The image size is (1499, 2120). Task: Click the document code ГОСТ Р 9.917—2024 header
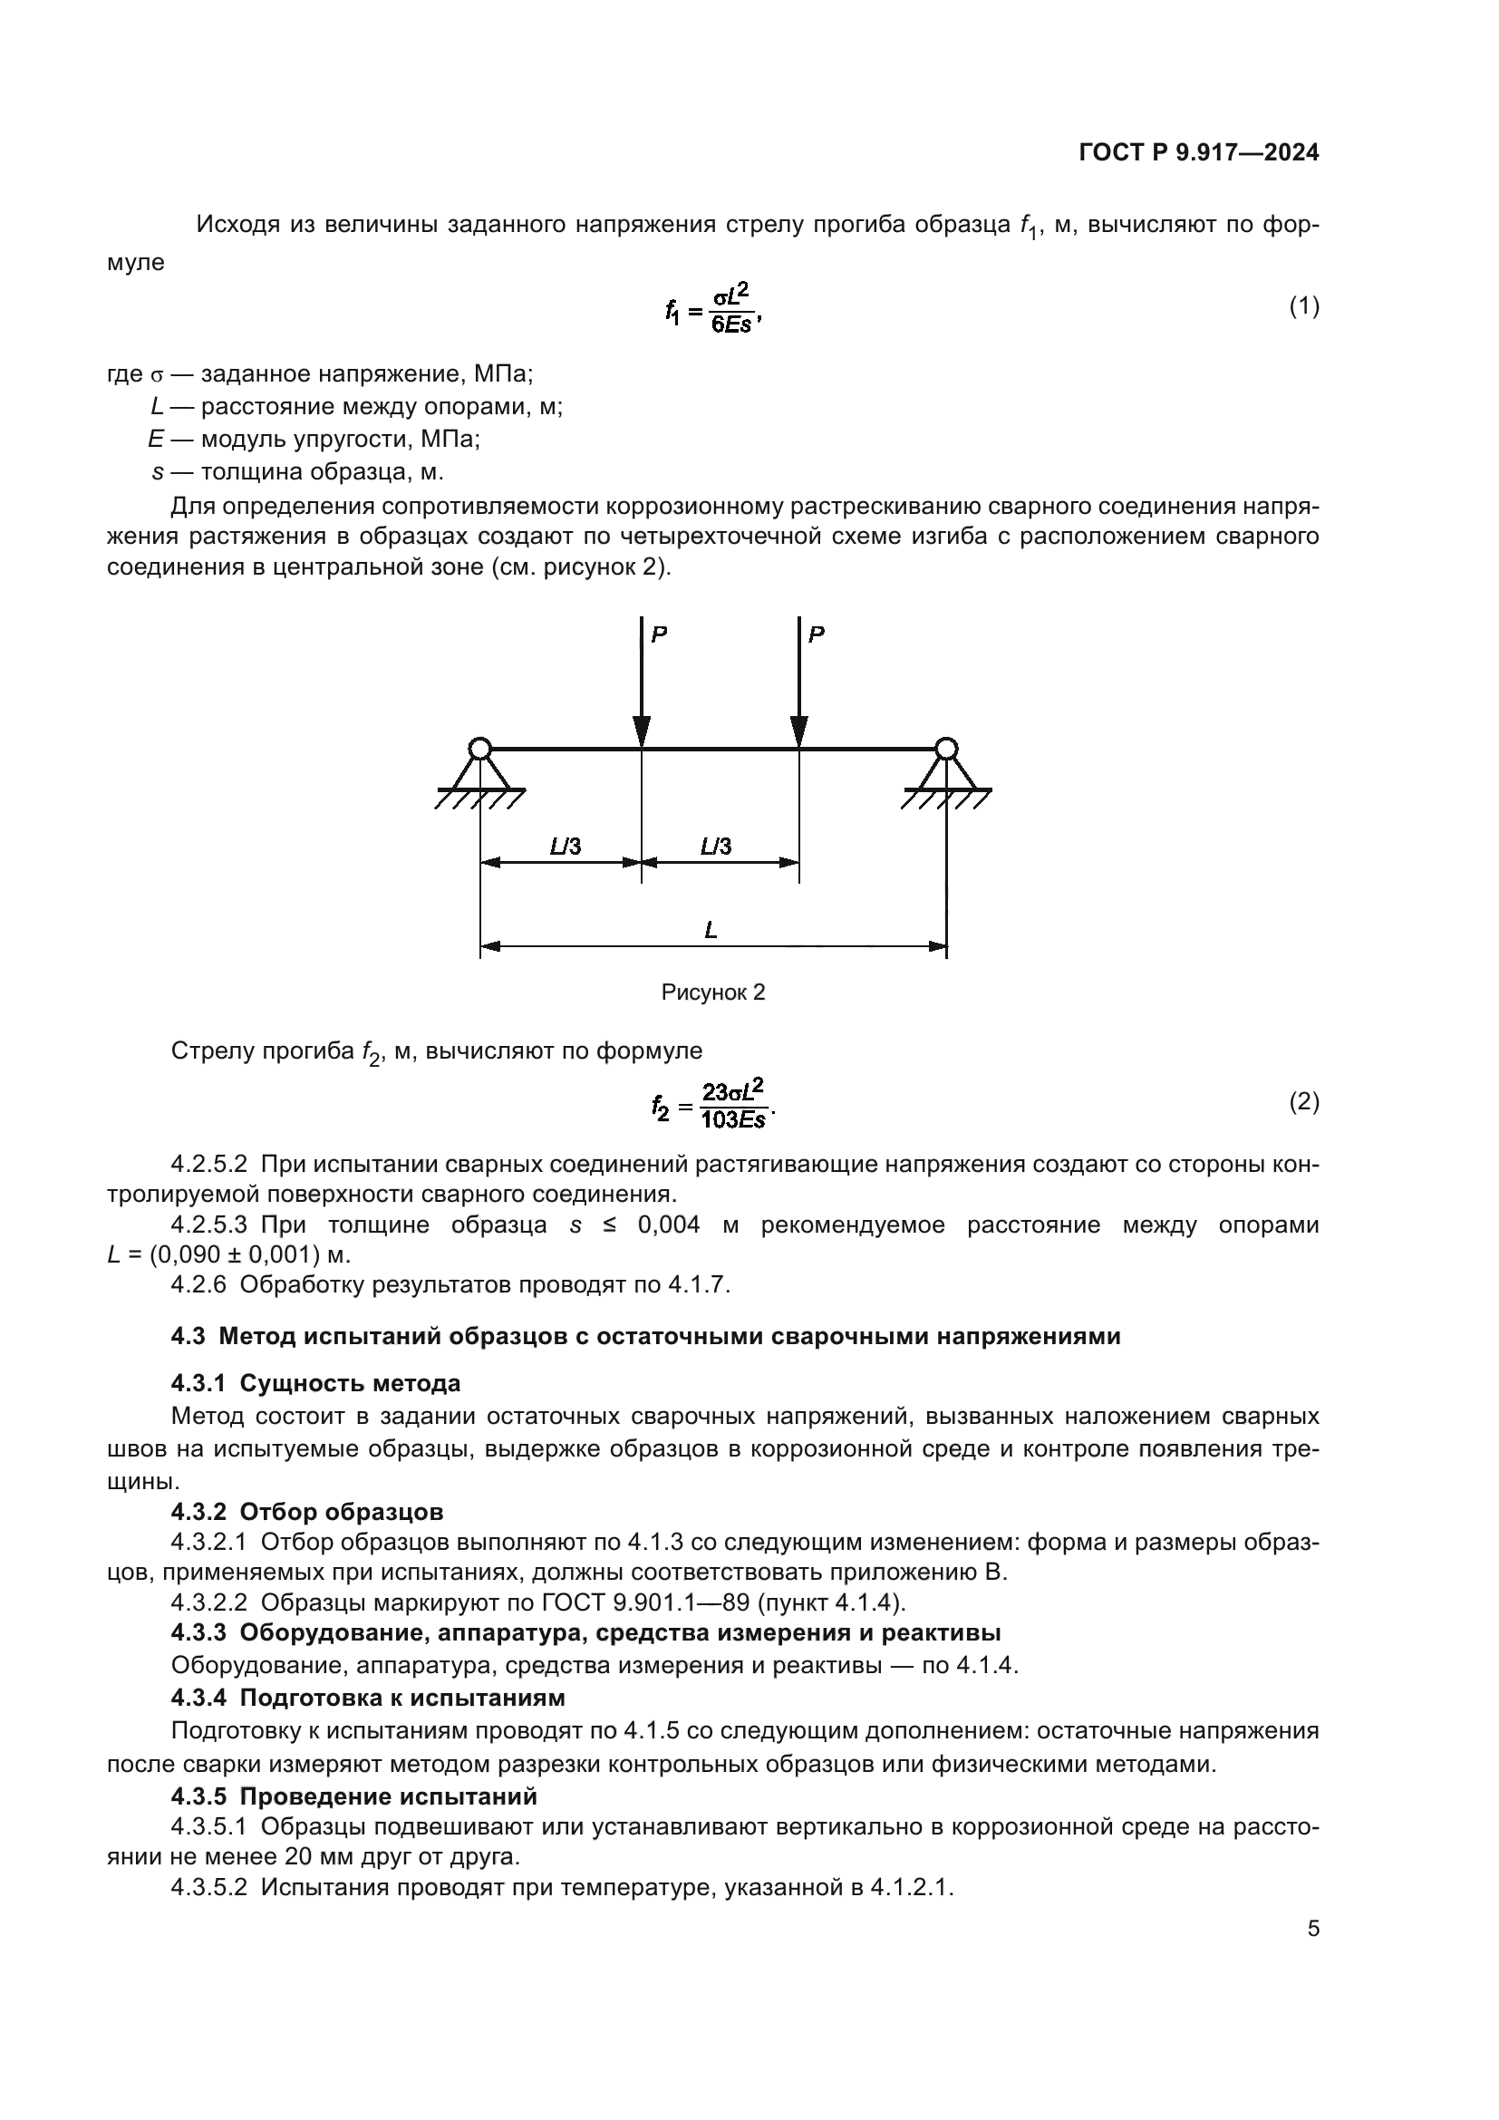click(x=1198, y=153)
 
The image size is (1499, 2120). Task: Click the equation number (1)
click(x=1303, y=306)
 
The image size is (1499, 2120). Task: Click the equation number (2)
click(x=1303, y=1101)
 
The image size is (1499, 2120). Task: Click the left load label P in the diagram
click(x=659, y=634)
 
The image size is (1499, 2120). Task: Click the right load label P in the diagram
click(x=816, y=634)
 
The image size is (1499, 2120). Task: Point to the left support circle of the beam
click(x=479, y=749)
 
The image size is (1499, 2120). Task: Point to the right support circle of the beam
click(x=945, y=749)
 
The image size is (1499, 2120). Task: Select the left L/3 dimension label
click(x=565, y=846)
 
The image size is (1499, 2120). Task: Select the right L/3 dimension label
click(x=716, y=846)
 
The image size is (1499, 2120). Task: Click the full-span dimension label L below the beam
click(x=711, y=930)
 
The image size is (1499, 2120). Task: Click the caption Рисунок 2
click(x=712, y=992)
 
